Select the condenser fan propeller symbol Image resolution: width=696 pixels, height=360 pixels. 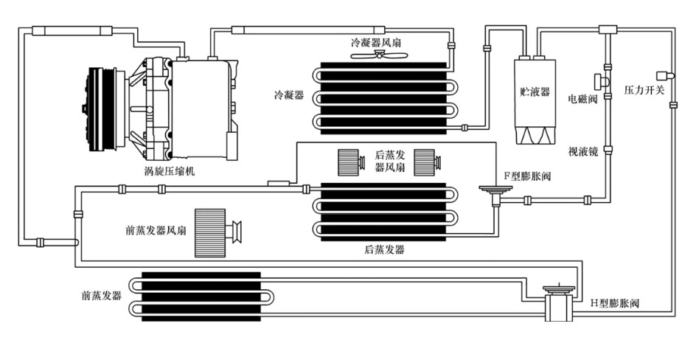381,55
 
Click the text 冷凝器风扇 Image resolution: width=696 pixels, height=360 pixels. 376,43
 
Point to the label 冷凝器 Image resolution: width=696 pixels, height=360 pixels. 288,95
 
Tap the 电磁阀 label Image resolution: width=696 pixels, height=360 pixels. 582,97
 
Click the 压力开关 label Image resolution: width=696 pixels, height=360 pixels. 644,90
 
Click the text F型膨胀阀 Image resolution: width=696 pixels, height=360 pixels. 528,176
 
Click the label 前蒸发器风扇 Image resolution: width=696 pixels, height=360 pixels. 156,229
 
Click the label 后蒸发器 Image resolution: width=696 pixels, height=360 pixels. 384,250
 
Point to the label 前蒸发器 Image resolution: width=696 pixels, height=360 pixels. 102,295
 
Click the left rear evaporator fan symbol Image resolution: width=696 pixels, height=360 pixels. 349,162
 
